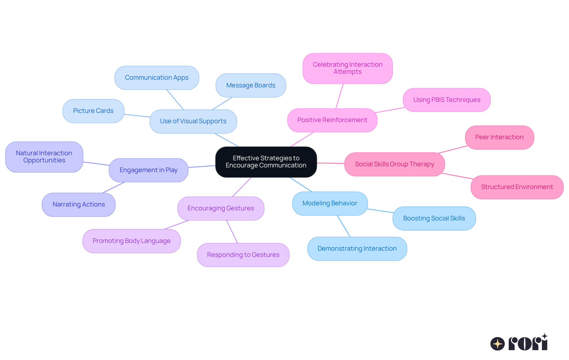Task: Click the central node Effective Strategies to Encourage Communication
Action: (x=266, y=162)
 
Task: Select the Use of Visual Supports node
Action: (x=193, y=121)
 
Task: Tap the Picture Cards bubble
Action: (x=93, y=111)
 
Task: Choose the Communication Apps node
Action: (x=156, y=78)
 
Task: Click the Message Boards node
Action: (x=251, y=85)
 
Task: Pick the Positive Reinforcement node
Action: (x=332, y=120)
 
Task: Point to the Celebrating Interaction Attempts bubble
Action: (x=347, y=68)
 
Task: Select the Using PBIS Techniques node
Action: (x=446, y=100)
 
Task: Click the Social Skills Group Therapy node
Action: (x=394, y=164)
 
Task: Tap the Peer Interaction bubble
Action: (x=499, y=137)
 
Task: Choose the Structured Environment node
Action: (x=517, y=187)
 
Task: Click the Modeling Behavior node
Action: (x=330, y=203)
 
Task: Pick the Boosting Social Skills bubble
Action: (x=434, y=218)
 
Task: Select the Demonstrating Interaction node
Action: (x=357, y=249)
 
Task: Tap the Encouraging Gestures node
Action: (x=220, y=208)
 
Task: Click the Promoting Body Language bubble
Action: (x=131, y=241)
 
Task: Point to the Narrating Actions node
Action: (x=79, y=204)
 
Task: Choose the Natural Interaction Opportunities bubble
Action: (x=44, y=157)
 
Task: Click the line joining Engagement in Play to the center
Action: (x=202, y=167)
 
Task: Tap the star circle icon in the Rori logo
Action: (x=497, y=344)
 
